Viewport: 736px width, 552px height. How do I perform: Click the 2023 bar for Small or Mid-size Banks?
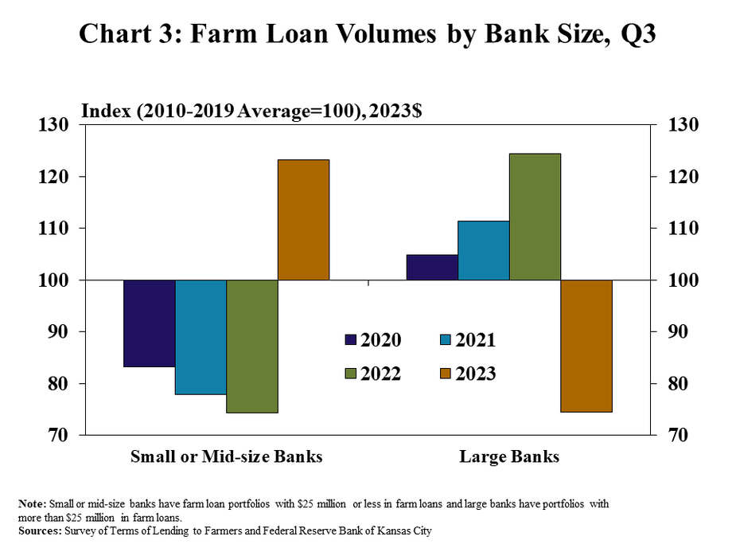(303, 220)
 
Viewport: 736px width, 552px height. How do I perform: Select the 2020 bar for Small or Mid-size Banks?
(149, 323)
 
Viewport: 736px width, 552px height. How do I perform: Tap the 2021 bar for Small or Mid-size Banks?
(201, 337)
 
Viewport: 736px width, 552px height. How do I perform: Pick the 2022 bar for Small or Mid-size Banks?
(252, 346)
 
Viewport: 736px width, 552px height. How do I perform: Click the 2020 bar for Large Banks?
(432, 268)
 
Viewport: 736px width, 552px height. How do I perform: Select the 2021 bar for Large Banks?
(484, 250)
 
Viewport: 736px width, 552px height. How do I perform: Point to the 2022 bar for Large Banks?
(535, 217)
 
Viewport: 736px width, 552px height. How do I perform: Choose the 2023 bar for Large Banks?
(586, 346)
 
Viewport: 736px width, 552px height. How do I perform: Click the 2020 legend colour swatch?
(351, 340)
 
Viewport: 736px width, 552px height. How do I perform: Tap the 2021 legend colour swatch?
(446, 340)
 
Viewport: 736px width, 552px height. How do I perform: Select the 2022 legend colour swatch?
(351, 374)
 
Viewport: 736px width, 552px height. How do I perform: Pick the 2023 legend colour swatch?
(446, 374)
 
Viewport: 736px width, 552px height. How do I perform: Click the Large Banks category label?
(509, 457)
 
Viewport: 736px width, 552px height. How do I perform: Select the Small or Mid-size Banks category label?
(227, 457)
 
